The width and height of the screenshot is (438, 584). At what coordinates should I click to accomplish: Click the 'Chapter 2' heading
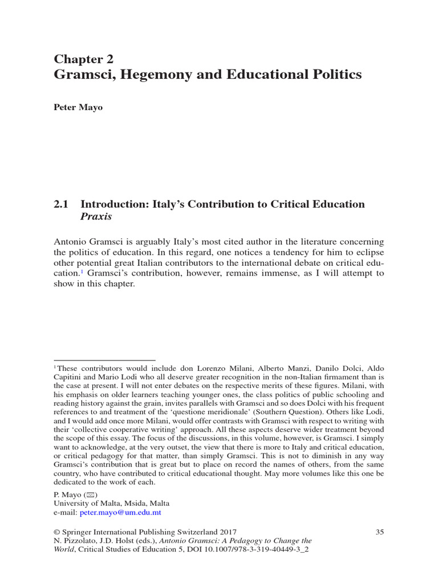point(83,59)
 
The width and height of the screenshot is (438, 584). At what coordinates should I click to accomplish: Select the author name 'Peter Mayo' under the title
point(78,108)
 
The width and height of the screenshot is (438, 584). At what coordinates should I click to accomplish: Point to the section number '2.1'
point(62,204)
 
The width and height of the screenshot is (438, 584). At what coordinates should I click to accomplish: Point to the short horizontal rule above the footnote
point(105,360)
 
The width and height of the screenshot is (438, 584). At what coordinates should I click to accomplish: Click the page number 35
point(379,532)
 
